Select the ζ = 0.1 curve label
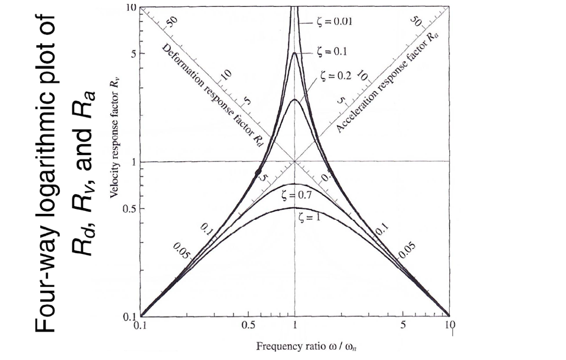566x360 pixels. tap(331, 51)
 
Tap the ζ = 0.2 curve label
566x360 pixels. tap(337, 76)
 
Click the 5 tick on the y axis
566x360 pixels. tap(133, 53)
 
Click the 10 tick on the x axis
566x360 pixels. tap(449, 326)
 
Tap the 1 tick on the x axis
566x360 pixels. tap(295, 326)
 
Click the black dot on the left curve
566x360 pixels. tap(258, 172)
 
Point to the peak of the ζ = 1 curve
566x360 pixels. tap(295, 207)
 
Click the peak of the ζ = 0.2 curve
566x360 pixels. tap(295, 100)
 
